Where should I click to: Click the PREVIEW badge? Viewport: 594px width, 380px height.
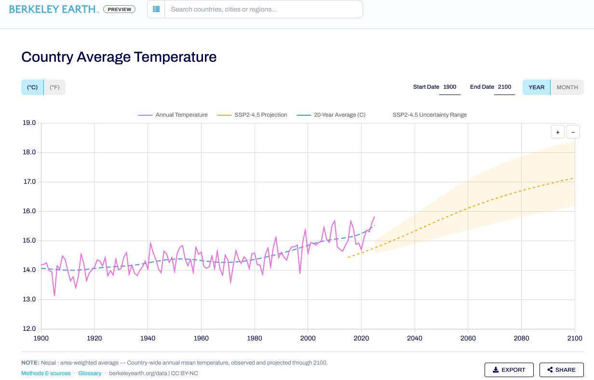click(120, 9)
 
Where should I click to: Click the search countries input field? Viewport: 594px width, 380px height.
click(264, 9)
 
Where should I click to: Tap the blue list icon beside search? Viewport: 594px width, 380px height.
click(156, 9)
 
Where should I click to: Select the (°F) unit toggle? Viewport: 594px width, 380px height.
click(54, 87)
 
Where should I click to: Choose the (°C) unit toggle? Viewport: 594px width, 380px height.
click(32, 87)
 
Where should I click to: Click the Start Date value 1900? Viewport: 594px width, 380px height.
click(450, 87)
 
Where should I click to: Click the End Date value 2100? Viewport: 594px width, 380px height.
click(504, 87)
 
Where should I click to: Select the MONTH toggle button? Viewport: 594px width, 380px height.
click(567, 87)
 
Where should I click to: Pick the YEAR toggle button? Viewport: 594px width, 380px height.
click(537, 87)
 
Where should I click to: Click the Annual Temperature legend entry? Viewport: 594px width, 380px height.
click(173, 115)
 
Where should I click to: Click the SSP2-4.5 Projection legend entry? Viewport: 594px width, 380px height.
click(252, 115)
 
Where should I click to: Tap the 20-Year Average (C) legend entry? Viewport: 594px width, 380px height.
click(331, 115)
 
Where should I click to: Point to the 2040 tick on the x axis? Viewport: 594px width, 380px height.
click(415, 338)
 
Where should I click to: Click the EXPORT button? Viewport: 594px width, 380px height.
click(509, 370)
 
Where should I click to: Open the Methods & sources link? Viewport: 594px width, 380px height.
click(46, 373)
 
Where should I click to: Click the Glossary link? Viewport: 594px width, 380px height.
click(90, 373)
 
